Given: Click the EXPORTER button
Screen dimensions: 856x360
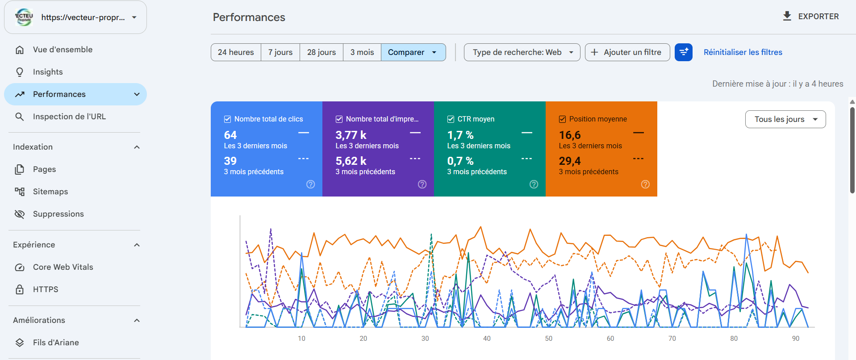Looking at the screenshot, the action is [x=811, y=17].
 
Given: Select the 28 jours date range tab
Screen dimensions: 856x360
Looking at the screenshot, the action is [x=322, y=52].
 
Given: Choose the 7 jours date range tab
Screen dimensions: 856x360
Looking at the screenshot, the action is [x=280, y=52].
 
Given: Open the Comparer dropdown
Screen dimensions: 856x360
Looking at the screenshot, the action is [x=413, y=52].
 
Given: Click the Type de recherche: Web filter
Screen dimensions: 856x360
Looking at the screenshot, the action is [x=522, y=52].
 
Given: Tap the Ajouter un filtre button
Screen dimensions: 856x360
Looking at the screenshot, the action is [x=627, y=52].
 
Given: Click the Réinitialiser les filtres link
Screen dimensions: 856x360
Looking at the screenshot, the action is [x=743, y=52].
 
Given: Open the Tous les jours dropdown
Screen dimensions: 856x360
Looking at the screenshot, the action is [x=785, y=119].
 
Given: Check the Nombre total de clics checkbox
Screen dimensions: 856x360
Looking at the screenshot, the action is [x=228, y=119].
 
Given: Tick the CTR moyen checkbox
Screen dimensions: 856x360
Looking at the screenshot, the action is [x=451, y=119].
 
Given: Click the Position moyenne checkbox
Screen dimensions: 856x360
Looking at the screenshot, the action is [x=563, y=119].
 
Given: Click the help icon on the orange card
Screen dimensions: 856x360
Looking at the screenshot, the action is [x=645, y=184].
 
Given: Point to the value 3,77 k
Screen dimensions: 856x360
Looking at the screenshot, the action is [x=351, y=135].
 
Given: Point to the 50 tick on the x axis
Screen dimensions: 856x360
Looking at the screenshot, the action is [x=549, y=339].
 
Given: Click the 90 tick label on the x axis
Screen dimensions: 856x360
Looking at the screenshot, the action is [x=796, y=339].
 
